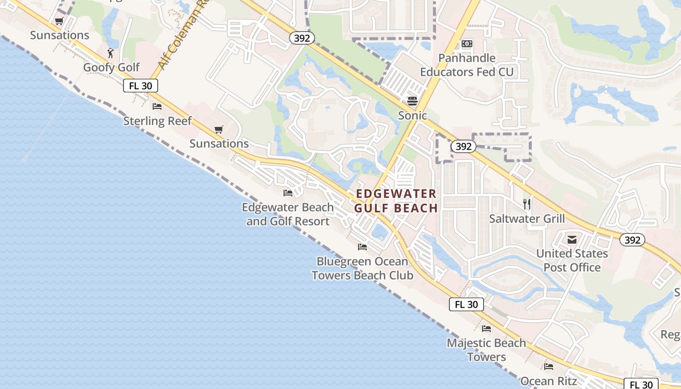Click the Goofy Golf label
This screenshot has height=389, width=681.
111,67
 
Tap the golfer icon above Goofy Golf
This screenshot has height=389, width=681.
111,53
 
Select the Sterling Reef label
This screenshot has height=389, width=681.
158,121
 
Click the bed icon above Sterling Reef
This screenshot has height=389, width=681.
157,106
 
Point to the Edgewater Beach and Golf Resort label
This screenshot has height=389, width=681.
288,214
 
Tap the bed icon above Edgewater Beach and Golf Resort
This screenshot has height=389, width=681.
288,193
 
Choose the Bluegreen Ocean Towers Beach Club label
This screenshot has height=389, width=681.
362,268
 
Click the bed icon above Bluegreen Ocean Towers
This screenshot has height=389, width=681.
362,247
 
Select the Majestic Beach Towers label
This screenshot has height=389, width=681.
486,350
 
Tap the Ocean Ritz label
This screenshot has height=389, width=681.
549,381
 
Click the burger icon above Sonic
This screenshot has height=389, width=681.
412,101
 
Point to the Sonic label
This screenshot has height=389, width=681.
412,115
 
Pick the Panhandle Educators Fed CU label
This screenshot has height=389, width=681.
467,65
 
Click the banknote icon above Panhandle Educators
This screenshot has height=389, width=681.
467,44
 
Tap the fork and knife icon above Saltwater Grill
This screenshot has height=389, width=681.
527,204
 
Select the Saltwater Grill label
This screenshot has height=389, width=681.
527,219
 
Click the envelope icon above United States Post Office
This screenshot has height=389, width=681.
572,239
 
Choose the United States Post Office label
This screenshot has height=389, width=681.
572,261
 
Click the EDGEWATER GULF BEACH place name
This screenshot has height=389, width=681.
396,201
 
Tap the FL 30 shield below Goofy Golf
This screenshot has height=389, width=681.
141,86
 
